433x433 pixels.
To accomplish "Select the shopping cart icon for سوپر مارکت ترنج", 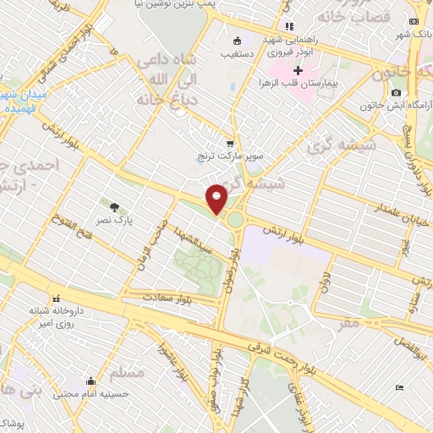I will [229, 144].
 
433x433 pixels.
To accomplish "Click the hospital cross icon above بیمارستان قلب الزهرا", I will [297, 70].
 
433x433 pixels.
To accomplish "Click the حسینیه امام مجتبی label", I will [90, 394].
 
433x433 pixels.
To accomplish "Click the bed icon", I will [399, 387].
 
